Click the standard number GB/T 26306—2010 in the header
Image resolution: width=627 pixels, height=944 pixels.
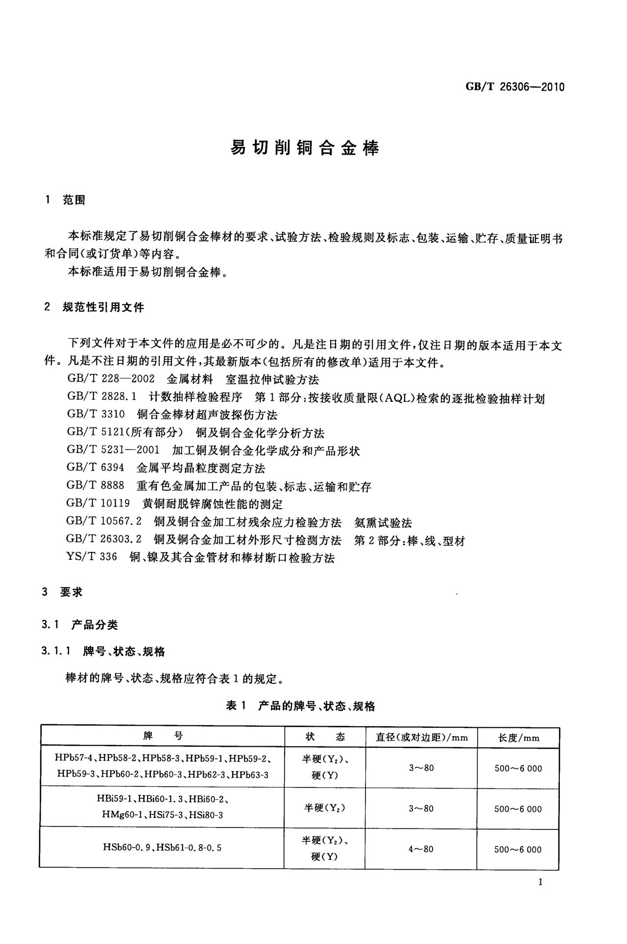515,87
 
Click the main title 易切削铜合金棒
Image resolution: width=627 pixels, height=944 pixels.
305,148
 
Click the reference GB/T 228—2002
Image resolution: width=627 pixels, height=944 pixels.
111,379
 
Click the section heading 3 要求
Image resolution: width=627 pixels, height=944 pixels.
63,592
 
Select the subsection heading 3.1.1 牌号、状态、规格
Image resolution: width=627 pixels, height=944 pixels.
103,651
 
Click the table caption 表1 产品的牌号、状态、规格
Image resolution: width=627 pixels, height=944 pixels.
301,706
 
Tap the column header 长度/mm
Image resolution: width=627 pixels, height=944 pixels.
518,737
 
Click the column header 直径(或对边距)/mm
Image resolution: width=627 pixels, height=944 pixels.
422,737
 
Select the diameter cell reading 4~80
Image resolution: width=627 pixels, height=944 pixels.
421,849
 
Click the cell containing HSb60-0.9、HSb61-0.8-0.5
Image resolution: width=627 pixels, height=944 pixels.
162,847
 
